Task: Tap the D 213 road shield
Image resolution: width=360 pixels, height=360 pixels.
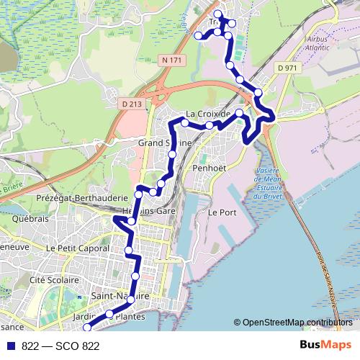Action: tap(132, 104)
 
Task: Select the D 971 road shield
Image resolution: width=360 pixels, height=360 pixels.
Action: tap(286, 68)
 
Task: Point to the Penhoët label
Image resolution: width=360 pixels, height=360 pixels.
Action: tap(210, 168)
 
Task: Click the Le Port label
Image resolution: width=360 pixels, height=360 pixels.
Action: tap(222, 213)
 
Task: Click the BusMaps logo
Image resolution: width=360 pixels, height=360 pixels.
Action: tap(325, 346)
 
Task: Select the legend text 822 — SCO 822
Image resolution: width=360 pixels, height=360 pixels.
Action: tap(60, 346)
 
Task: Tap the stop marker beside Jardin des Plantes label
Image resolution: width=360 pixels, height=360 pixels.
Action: tap(109, 314)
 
